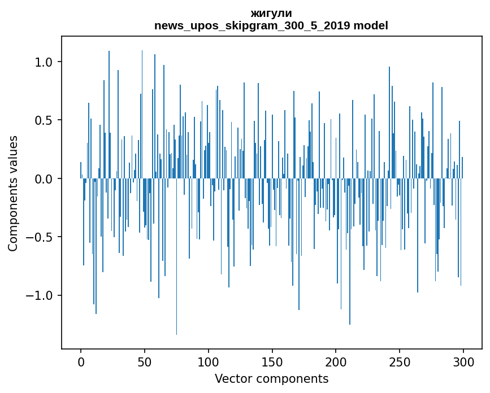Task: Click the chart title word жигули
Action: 271,14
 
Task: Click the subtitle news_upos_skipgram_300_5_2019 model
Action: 271,26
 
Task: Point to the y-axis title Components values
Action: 13,193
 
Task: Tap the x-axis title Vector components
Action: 271,379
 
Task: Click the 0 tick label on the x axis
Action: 81,361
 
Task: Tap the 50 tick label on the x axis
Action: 145,361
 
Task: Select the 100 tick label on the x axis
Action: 209,361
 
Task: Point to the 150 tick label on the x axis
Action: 272,361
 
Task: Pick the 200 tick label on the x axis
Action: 336,361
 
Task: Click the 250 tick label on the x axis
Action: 400,361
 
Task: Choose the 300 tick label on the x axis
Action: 463,361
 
